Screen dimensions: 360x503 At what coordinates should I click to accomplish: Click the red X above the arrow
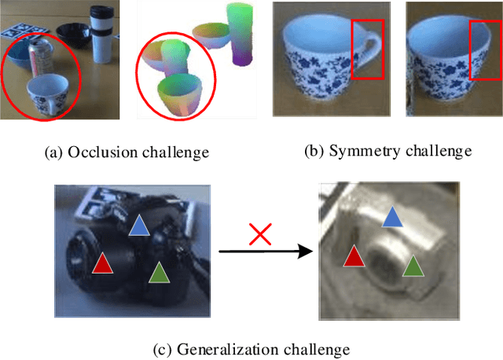[x=260, y=233]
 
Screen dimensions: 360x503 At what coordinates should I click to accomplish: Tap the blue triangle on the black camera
[x=138, y=226]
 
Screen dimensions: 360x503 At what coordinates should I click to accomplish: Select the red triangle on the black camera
[x=101, y=263]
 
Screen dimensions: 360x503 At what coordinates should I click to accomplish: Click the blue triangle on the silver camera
[x=391, y=217]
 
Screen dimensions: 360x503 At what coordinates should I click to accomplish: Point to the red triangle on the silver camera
[x=354, y=255]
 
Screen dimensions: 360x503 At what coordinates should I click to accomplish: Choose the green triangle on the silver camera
[x=411, y=266]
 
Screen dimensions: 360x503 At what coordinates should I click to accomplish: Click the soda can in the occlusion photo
[x=39, y=61]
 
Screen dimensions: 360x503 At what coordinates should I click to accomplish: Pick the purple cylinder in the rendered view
[x=239, y=31]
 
